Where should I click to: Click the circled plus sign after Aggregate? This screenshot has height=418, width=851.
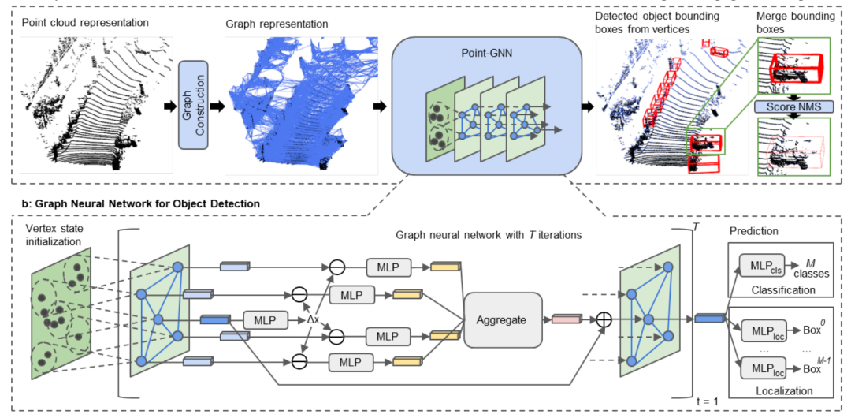click(x=604, y=319)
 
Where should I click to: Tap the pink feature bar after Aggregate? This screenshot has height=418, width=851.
click(x=566, y=319)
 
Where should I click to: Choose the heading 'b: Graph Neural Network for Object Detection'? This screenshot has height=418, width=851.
click(x=143, y=203)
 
